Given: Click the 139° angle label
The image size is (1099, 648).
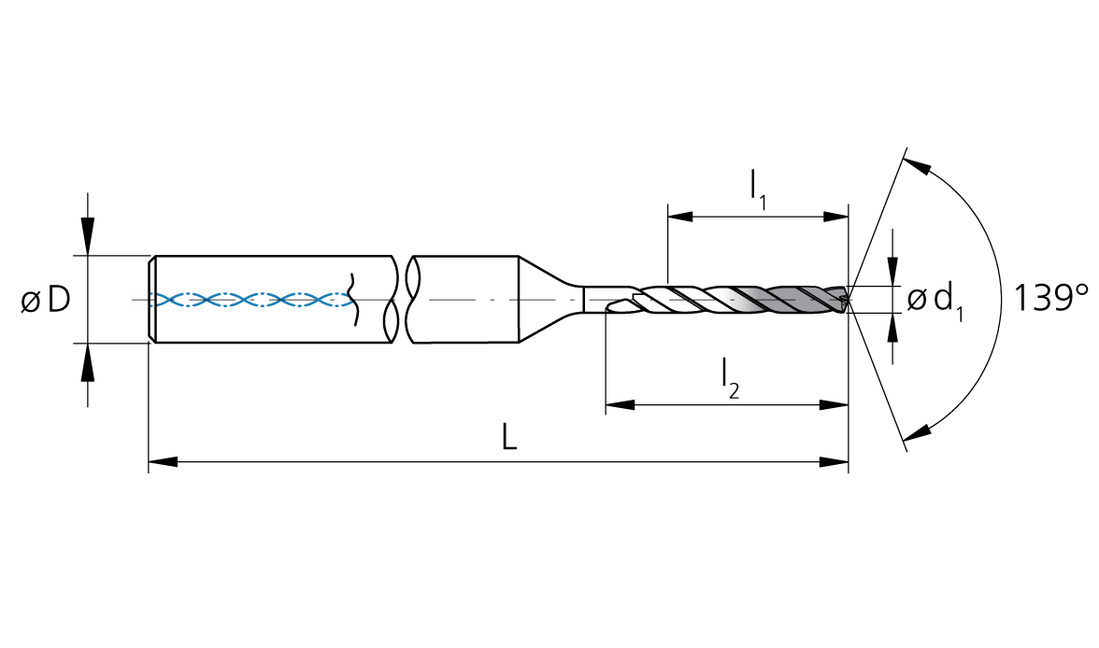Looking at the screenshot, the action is (1050, 298).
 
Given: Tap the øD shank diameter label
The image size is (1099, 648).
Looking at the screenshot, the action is (46, 300).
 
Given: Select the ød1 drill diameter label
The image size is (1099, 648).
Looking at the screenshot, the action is (935, 302).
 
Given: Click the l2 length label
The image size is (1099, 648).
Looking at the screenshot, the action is (731, 378).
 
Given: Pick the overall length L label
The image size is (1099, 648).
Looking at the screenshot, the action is (508, 438).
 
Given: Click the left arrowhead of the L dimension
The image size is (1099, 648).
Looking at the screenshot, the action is (163, 461).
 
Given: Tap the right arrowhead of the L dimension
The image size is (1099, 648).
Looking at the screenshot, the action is (834, 461).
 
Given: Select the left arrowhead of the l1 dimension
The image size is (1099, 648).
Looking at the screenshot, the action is (681, 217).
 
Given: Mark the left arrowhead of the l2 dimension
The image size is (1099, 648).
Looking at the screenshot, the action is (620, 405).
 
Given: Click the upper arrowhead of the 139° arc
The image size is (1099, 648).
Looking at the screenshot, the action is (917, 167).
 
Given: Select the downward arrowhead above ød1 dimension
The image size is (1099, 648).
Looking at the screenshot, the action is (892, 271).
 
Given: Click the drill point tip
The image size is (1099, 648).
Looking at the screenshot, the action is (849, 300).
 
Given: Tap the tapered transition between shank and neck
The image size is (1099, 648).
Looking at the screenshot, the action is (551, 300).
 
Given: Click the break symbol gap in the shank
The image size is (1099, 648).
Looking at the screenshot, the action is (402, 300).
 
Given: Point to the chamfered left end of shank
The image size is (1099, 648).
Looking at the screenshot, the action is (152, 300).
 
